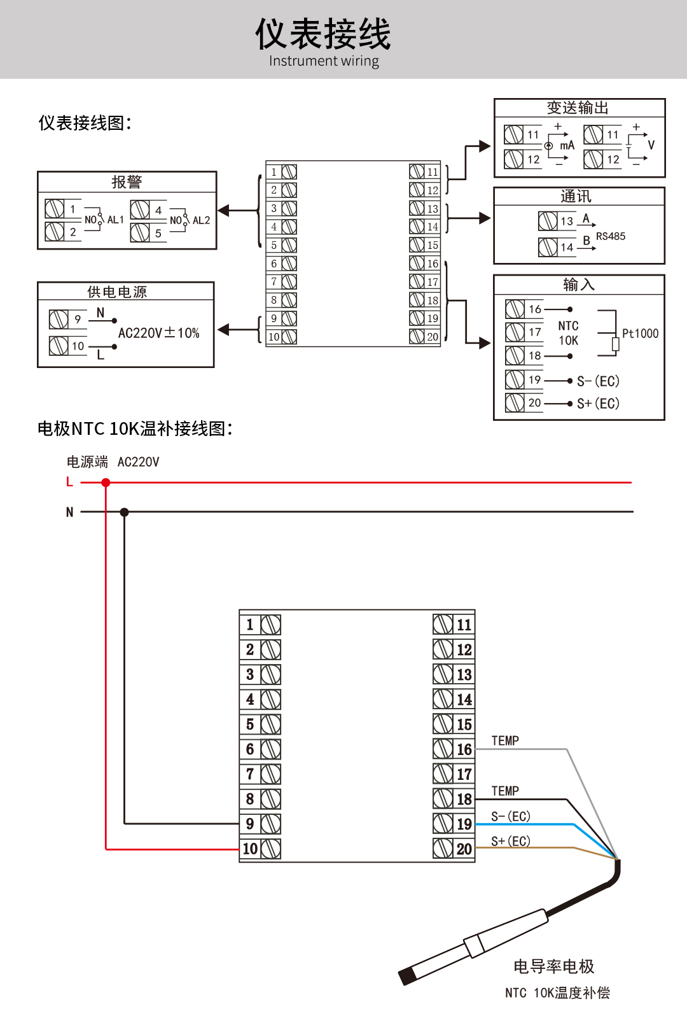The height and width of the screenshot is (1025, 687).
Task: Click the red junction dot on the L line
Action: coord(106,483)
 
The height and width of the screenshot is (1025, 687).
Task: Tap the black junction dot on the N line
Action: coord(124,512)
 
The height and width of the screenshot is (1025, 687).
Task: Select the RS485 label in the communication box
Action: coord(610,236)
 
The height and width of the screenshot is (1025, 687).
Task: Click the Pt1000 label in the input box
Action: coord(640,333)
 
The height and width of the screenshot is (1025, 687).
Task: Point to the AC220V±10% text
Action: coord(158,333)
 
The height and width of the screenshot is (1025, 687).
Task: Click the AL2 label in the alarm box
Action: coord(201,220)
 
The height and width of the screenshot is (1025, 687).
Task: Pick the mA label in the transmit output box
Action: coord(567,146)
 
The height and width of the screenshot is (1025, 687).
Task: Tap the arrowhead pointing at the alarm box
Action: coord(223,211)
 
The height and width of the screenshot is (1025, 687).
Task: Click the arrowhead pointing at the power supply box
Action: coord(223,330)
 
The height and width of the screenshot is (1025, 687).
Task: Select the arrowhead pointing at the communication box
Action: coord(485,218)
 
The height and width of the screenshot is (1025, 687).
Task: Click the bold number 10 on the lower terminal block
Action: coord(250,849)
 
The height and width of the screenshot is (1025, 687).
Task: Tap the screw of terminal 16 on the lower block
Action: coord(443,749)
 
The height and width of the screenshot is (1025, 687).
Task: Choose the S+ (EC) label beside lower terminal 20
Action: coord(511,841)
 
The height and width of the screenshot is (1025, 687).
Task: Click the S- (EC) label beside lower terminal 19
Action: coord(511,816)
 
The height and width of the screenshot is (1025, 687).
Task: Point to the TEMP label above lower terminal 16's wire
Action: coord(505,741)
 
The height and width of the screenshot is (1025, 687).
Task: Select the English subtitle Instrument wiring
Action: coord(324,61)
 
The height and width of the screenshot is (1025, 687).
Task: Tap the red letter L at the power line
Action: coord(69,482)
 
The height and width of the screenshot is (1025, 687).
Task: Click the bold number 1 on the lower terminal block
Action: coord(250,625)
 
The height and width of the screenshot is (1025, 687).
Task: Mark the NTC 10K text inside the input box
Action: coord(568,333)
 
